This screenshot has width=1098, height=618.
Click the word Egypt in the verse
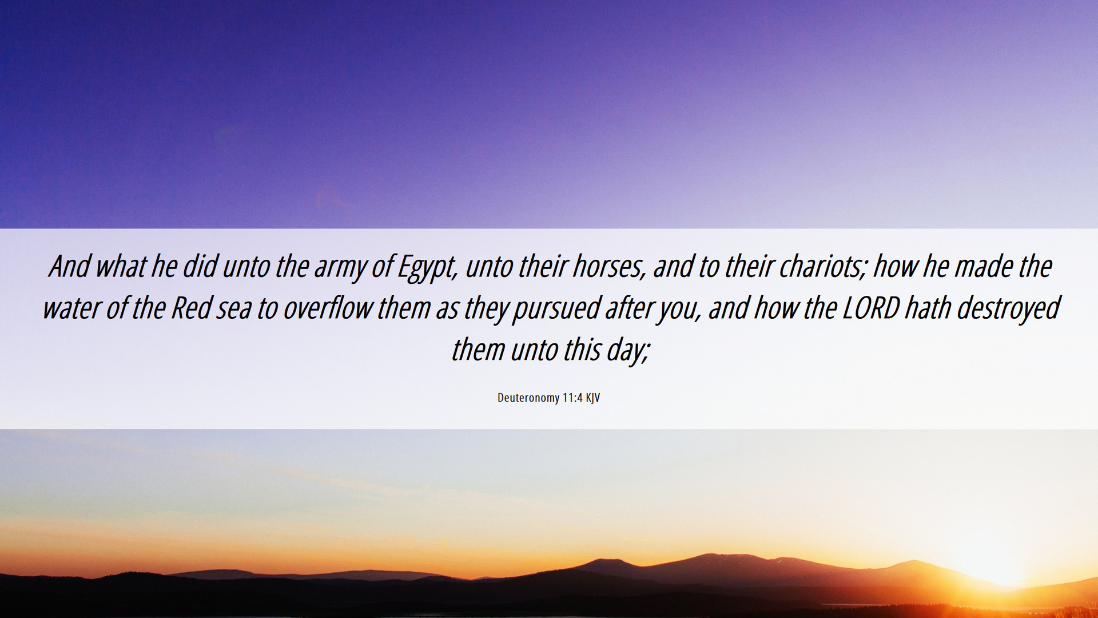point(426,268)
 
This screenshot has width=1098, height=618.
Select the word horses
point(610,267)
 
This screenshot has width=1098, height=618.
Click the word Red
point(192,308)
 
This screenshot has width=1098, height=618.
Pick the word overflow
point(328,308)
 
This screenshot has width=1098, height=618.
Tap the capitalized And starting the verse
point(70,267)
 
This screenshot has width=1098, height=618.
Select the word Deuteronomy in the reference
point(528,398)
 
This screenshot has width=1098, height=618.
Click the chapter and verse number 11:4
point(572,398)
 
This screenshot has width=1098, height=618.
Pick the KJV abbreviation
point(593,398)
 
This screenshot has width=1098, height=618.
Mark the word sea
point(234,310)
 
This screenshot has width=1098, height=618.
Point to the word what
point(121,267)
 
